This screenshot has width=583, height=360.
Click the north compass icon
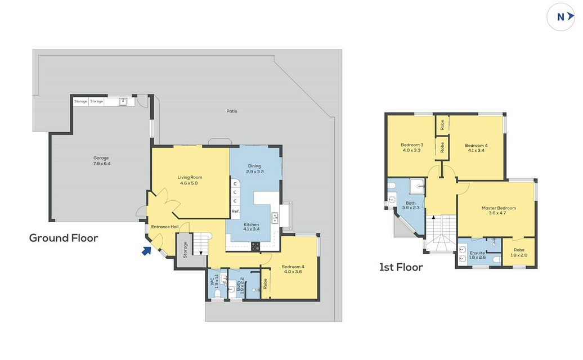click(560, 17)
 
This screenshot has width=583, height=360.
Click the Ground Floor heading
click(64, 238)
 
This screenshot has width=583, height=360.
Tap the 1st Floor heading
click(401, 267)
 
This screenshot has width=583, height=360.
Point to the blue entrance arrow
click(146, 251)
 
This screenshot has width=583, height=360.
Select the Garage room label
click(101, 160)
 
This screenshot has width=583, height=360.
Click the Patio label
click(232, 111)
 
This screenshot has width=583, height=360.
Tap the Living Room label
click(190, 180)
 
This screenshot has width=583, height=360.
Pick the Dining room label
click(255, 169)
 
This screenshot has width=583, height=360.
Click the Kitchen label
click(252, 227)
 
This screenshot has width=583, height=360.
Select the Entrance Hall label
click(165, 227)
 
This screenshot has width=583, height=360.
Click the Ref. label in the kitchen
click(235, 211)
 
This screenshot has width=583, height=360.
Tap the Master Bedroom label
click(499, 210)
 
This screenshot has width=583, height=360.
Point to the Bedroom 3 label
click(412, 147)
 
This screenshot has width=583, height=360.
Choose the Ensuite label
click(477, 255)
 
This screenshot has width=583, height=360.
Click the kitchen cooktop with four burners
click(255, 246)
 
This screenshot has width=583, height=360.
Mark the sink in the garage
click(123, 101)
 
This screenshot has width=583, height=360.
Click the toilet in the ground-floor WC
click(218, 294)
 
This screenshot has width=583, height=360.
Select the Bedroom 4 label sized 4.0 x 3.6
click(293, 269)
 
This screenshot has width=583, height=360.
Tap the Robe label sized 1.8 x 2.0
click(519, 253)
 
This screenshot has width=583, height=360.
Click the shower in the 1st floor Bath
click(417, 186)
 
